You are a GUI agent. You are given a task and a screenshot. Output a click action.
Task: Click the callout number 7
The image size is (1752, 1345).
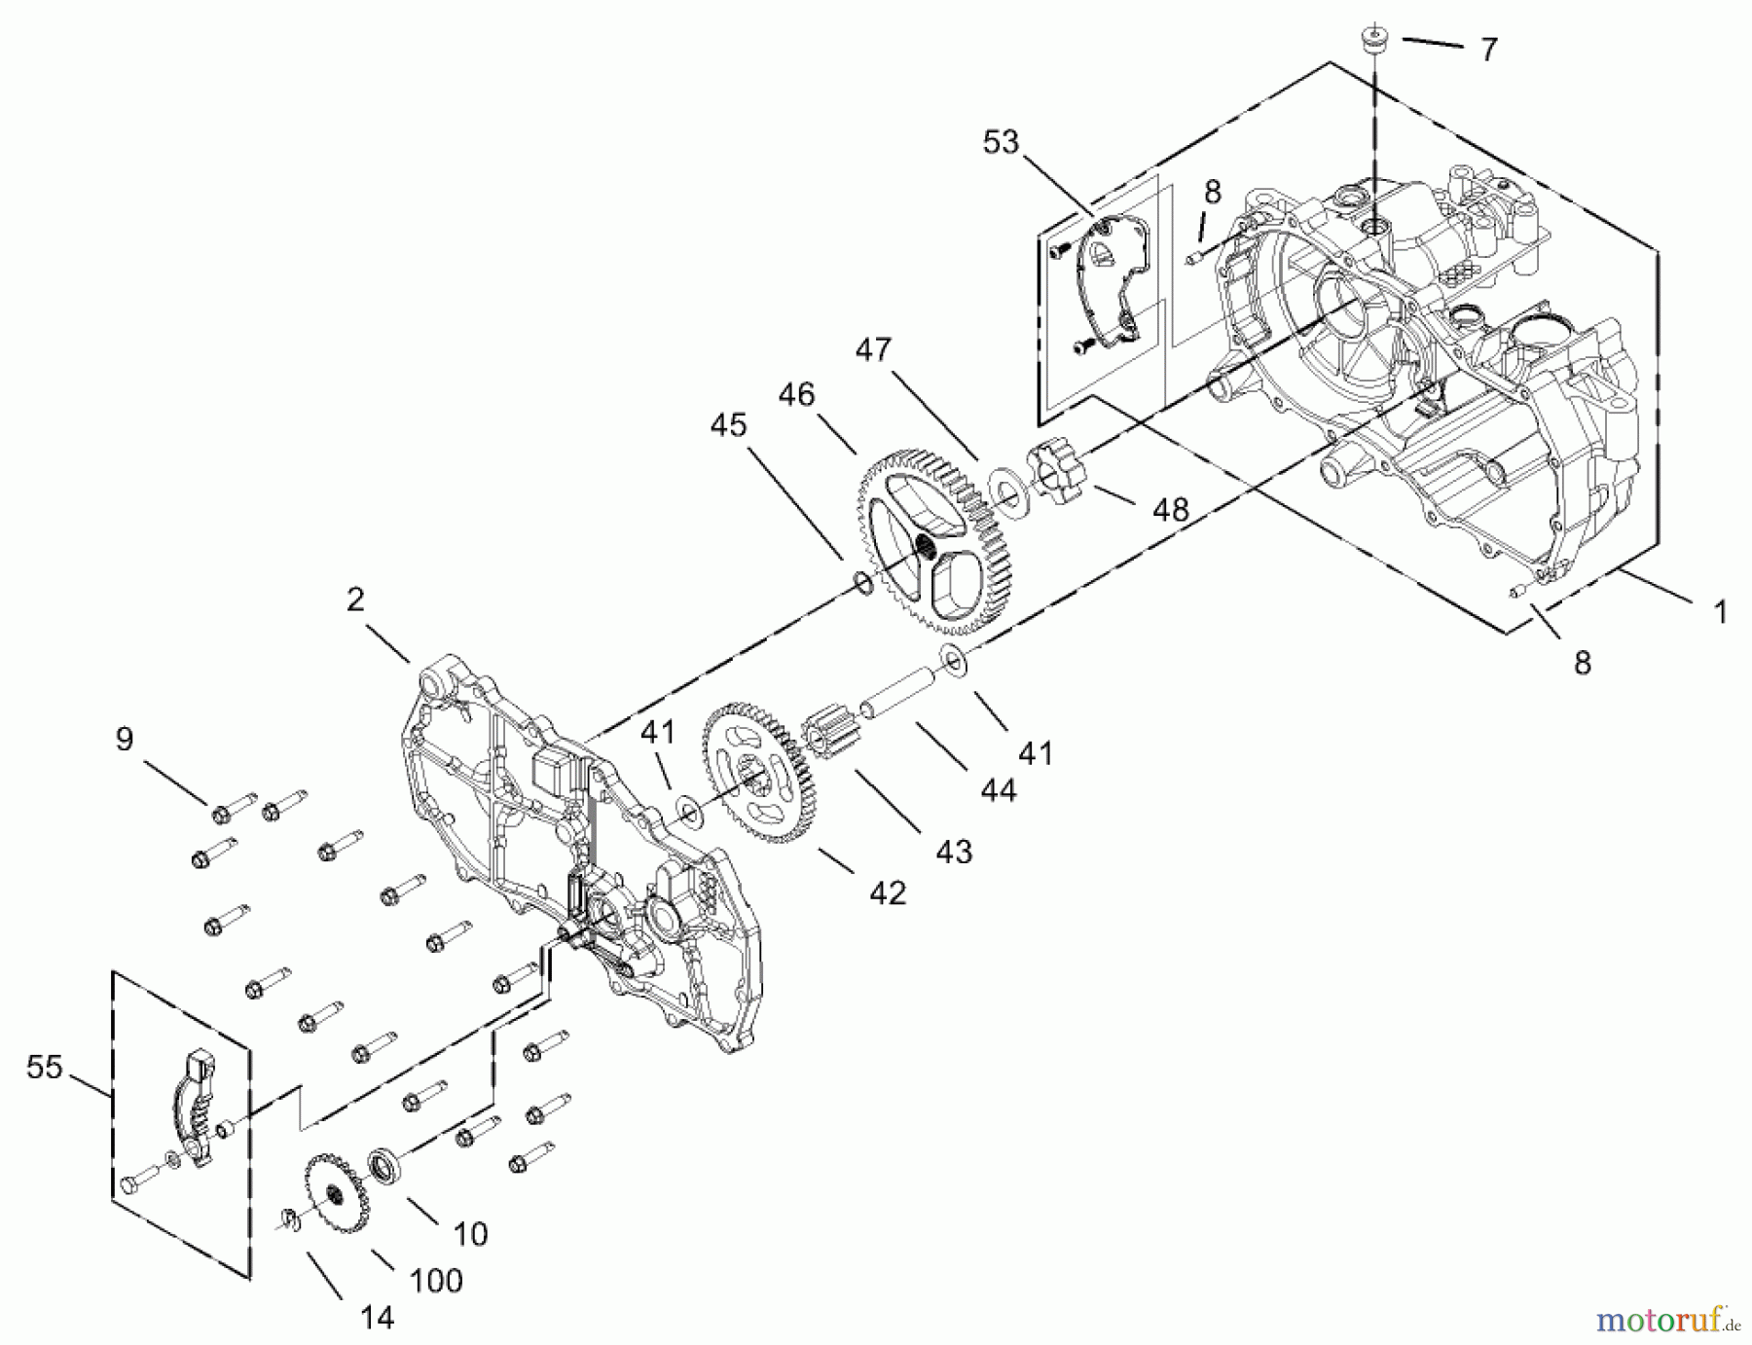1488,50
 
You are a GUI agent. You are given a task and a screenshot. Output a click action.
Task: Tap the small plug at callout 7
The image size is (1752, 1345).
1373,40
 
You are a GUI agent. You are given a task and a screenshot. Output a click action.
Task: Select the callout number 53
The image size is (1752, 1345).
1000,143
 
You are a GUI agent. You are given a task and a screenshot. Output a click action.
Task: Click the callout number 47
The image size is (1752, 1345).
873,349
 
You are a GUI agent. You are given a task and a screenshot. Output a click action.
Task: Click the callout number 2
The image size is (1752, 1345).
355,600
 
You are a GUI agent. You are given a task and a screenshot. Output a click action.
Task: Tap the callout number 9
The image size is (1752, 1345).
125,740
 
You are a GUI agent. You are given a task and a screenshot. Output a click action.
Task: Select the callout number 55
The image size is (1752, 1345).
44,1068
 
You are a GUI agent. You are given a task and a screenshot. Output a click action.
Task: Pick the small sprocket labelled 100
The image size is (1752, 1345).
332,1193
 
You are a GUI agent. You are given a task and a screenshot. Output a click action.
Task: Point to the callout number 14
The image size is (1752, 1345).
377,1318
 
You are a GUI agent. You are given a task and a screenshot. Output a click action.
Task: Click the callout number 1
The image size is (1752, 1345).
1720,612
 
